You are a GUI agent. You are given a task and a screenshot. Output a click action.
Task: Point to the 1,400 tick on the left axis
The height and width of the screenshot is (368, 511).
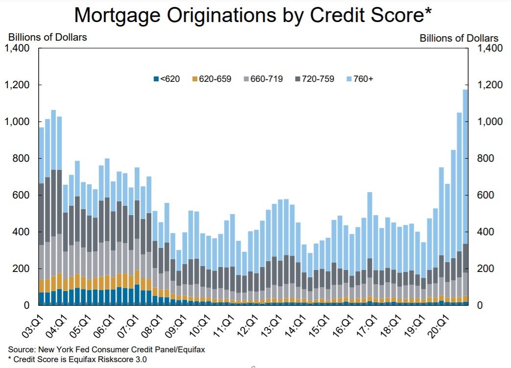(18, 48)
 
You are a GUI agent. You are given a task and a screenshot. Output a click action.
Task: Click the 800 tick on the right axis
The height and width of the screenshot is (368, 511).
(488, 158)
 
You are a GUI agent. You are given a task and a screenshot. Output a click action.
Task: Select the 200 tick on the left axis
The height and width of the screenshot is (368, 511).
(23, 269)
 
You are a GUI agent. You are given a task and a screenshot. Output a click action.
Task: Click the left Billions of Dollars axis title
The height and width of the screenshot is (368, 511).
(47, 37)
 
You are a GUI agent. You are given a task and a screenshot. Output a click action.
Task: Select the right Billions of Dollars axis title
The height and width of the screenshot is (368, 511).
(459, 38)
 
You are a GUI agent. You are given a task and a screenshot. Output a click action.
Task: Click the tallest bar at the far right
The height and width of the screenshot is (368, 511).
(465, 196)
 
